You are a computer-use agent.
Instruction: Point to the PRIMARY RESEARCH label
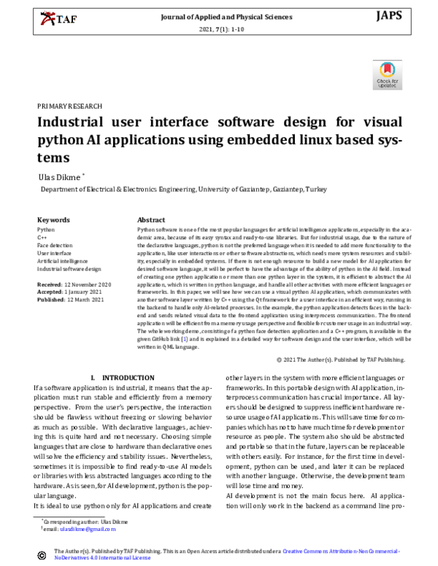[x=69, y=106]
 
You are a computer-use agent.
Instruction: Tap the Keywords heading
[x=53, y=220]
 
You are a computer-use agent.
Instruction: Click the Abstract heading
[x=151, y=220]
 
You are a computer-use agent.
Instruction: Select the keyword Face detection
[x=55, y=245]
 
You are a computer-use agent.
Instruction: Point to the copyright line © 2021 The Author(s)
[x=339, y=360]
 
